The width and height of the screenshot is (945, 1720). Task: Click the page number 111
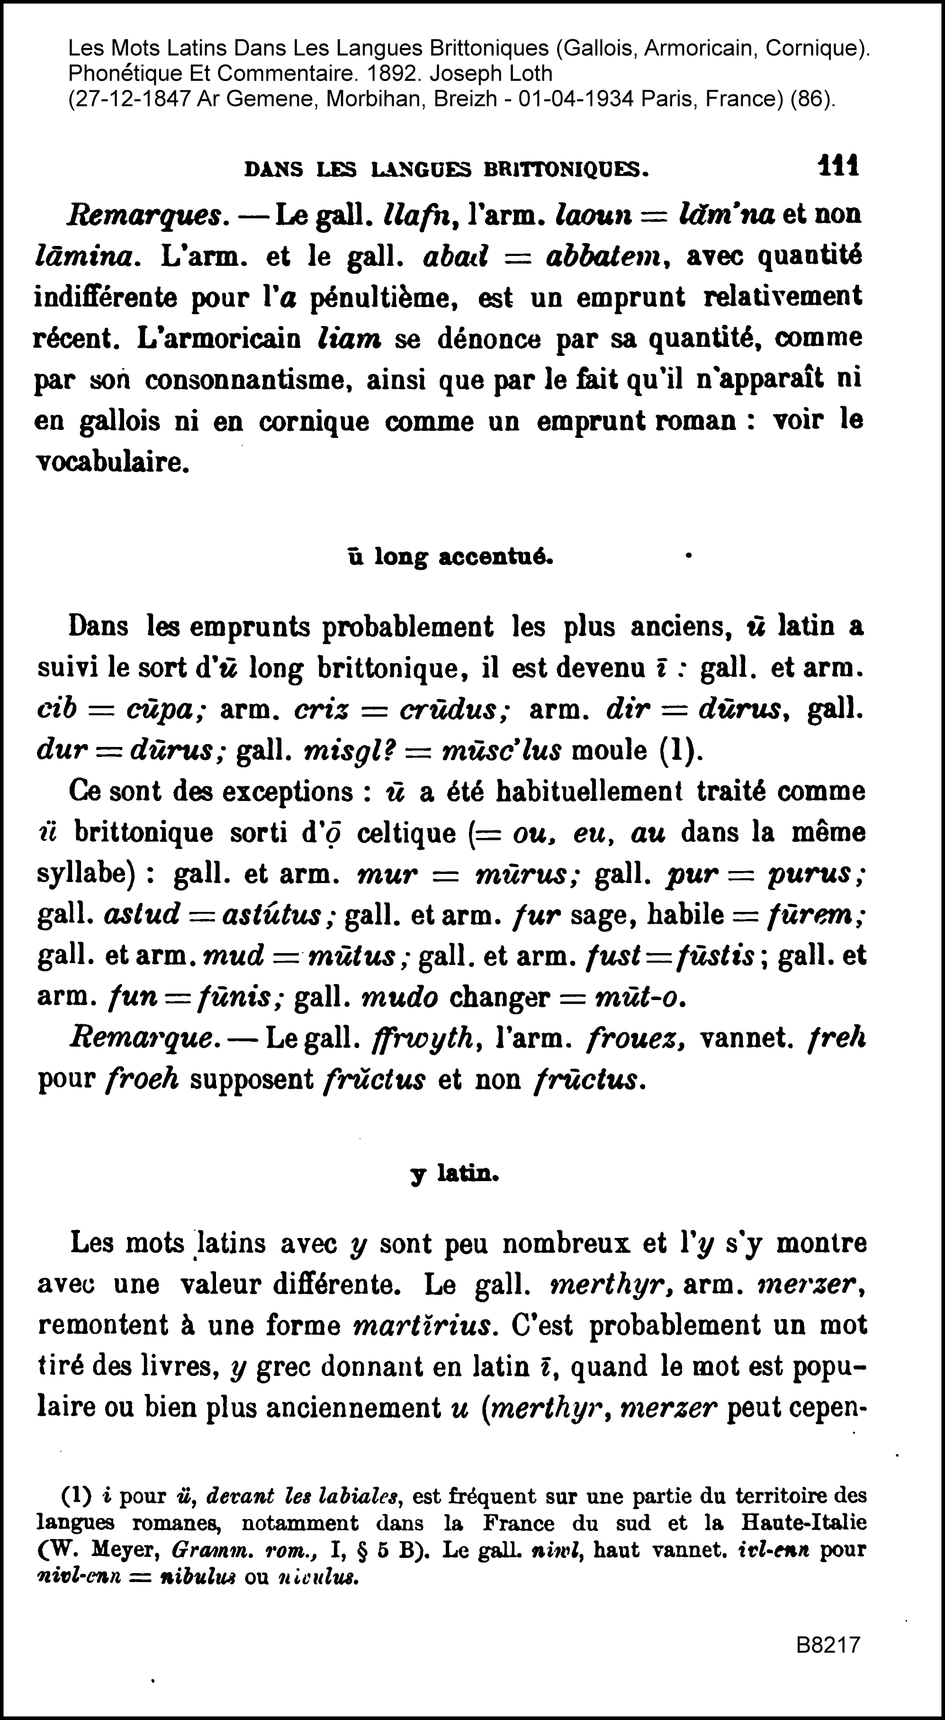[x=839, y=165]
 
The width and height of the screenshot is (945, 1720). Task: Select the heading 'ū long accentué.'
[x=450, y=556]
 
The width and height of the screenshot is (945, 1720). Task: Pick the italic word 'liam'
[x=351, y=338]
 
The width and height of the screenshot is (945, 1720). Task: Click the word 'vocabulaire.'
[x=112, y=462]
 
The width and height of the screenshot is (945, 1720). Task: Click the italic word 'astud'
[x=142, y=915]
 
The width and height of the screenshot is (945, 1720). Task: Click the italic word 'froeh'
[x=142, y=1080]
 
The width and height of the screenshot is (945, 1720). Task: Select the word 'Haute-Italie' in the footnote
[x=803, y=1523]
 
